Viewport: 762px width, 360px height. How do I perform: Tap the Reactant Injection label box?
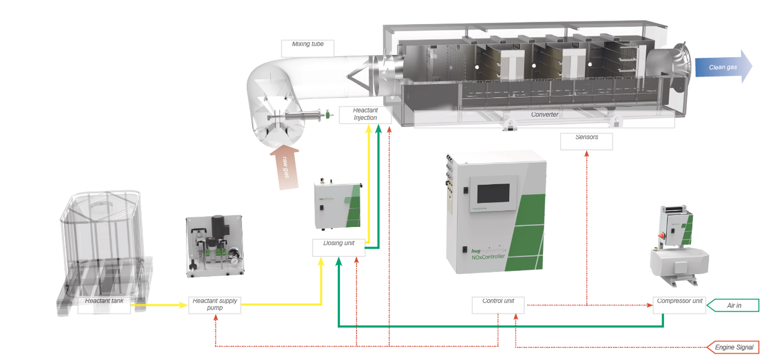[365, 114]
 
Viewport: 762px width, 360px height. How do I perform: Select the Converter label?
[545, 115]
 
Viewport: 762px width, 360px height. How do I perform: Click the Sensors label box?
[586, 141]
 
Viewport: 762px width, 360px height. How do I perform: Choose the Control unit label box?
[497, 305]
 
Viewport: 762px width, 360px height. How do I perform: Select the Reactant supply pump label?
[214, 305]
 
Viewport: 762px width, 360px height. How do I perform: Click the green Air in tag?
[734, 305]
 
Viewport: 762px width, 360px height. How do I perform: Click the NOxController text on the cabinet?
[488, 257]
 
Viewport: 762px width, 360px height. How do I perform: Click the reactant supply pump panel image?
[215, 246]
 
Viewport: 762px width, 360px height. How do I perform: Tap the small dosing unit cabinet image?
[337, 206]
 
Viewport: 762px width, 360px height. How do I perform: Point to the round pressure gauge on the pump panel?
[233, 252]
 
